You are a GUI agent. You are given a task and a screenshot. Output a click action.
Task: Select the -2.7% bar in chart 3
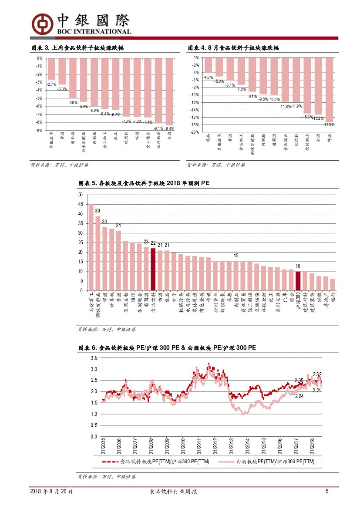pyautogui.click(x=51, y=69)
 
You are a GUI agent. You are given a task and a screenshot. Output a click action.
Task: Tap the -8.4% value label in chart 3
pyautogui.click(x=170, y=129)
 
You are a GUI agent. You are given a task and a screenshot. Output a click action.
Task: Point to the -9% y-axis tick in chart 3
pyautogui.click(x=39, y=130)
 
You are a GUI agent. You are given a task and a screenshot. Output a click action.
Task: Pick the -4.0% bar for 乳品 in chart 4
pyautogui.click(x=208, y=65)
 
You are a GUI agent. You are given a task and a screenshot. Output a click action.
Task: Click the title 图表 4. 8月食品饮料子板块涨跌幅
pyautogui.click(x=233, y=48)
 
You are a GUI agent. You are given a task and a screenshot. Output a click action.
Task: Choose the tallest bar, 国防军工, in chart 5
pyautogui.click(x=91, y=247)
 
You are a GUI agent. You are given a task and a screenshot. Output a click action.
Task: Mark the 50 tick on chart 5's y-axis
pyautogui.click(x=81, y=195)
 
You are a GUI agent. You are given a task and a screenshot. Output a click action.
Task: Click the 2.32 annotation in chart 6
pyautogui.click(x=317, y=374)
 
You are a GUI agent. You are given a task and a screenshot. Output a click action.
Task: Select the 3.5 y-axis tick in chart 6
pyautogui.click(x=94, y=358)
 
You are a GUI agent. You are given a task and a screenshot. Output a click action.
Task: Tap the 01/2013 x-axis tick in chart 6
pyautogui.click(x=231, y=446)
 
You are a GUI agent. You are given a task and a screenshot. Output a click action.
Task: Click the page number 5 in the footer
pyautogui.click(x=326, y=492)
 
